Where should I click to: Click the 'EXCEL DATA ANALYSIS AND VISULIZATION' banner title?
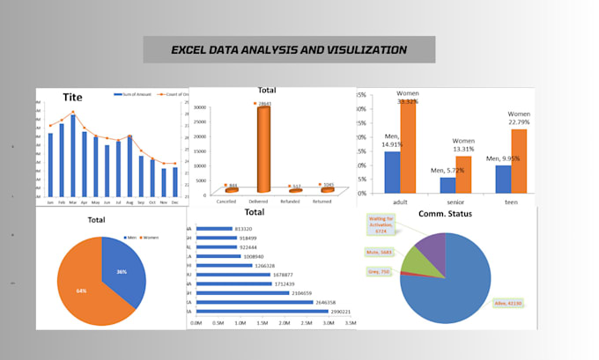pyautogui.click(x=289, y=49)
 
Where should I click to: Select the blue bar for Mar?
pyautogui.click(x=73, y=155)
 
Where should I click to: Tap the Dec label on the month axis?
pyautogui.click(x=174, y=202)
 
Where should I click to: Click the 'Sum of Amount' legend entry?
pyautogui.click(x=133, y=94)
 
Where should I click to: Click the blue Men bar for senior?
pyautogui.click(x=447, y=185)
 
